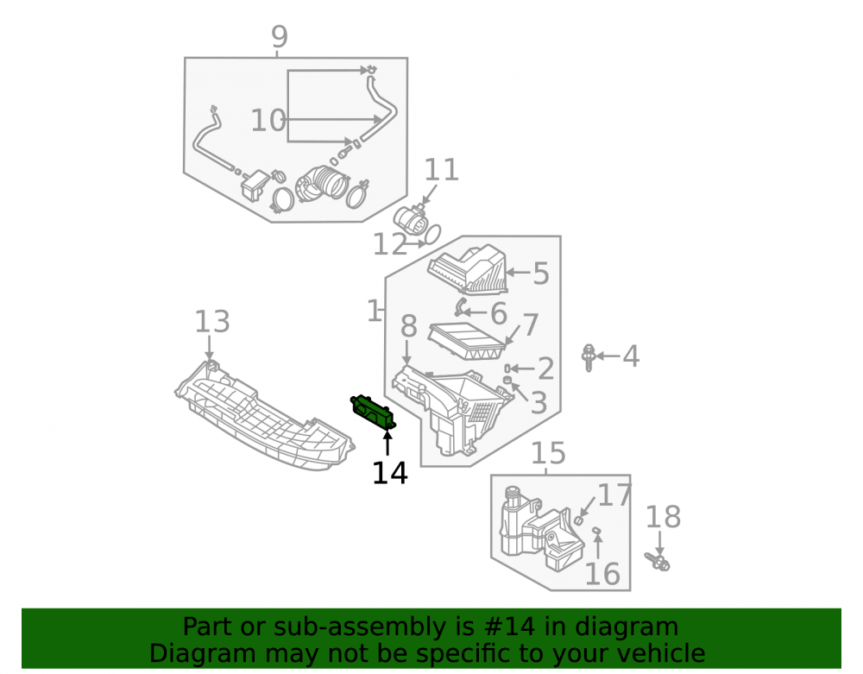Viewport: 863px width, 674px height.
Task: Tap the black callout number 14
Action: pos(390,473)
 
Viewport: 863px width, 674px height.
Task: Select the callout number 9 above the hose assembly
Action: pos(280,37)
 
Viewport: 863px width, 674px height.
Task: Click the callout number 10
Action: pos(268,121)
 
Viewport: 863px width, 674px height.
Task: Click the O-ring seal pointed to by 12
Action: pos(432,234)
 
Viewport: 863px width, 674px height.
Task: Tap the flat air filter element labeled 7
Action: pos(467,342)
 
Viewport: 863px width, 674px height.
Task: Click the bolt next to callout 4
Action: pos(589,357)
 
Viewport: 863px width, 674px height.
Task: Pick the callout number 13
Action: pos(212,322)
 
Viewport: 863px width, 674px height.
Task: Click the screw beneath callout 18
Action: pos(658,562)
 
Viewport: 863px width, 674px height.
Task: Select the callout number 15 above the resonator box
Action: pos(548,453)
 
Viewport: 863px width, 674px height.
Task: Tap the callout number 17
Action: pos(614,495)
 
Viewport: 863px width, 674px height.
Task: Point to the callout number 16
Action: pos(602,575)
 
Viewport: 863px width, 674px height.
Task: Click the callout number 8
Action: pos(408,327)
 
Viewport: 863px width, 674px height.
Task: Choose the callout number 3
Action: pos(539,403)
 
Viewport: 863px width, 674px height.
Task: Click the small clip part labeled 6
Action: pos(460,306)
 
